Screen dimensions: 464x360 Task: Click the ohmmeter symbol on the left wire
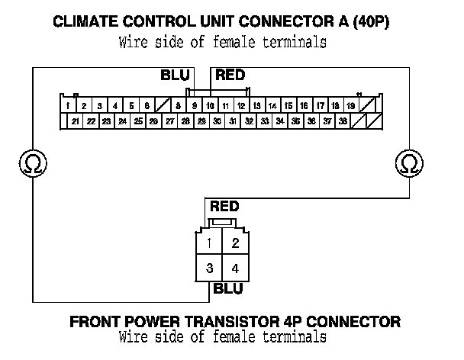click(x=33, y=163)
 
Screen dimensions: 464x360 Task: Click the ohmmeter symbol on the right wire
click(x=409, y=163)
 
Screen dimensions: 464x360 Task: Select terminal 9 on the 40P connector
click(x=195, y=105)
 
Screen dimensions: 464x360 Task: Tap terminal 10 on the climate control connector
click(x=211, y=105)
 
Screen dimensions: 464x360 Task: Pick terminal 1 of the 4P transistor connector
click(x=209, y=243)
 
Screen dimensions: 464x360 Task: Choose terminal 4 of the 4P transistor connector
click(x=235, y=268)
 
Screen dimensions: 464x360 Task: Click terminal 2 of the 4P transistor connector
click(x=235, y=243)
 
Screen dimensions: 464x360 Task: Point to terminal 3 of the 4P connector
click(x=209, y=268)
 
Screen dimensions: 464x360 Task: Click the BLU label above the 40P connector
click(x=175, y=76)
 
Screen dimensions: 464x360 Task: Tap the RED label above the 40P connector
click(x=230, y=75)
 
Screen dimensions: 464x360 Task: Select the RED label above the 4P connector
click(x=224, y=206)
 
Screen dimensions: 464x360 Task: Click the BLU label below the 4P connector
click(x=228, y=288)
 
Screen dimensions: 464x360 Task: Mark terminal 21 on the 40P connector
click(x=75, y=121)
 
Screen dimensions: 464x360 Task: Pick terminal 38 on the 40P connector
click(x=343, y=121)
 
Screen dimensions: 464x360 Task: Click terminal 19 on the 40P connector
click(x=351, y=105)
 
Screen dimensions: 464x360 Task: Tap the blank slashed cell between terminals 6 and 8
click(x=163, y=105)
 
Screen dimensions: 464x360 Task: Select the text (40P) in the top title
click(x=371, y=21)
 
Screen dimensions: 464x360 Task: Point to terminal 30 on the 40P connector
click(x=217, y=121)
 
